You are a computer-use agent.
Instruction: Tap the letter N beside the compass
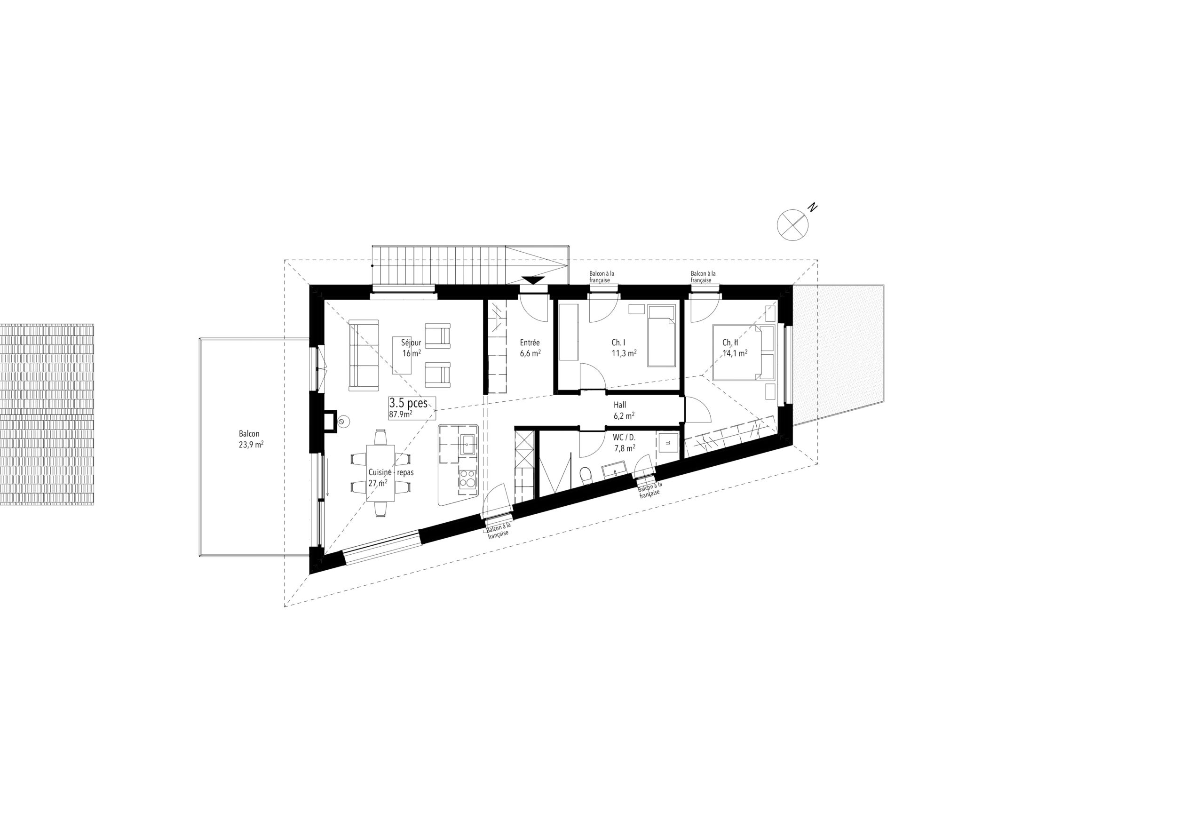813,208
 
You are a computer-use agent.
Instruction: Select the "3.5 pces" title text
408,403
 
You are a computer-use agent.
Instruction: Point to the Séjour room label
411,343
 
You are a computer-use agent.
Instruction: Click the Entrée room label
530,343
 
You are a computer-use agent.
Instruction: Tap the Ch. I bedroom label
618,343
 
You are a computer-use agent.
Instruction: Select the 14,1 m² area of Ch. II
735,353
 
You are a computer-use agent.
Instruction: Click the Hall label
619,405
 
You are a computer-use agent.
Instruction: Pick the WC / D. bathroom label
624,438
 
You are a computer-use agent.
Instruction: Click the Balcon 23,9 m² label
251,438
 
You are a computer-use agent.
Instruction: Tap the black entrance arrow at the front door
532,280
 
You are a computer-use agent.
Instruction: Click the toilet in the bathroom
585,475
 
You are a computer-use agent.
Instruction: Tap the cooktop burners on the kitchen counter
468,478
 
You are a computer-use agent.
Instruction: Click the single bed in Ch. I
662,343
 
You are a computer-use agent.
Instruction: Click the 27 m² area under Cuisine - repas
378,483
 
